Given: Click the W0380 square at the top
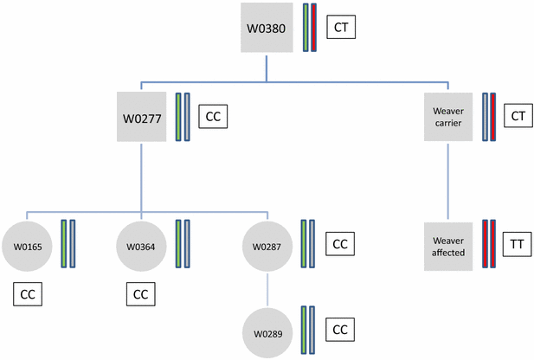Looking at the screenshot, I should click(267, 29).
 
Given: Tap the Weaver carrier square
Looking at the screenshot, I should click(447, 116).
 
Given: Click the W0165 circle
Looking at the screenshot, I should click(27, 245).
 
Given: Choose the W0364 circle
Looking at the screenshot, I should click(140, 245).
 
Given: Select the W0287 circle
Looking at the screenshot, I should click(267, 245).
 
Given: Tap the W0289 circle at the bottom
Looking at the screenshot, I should click(267, 331).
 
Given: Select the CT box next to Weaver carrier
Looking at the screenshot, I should click(517, 115).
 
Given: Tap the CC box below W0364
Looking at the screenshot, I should click(141, 294).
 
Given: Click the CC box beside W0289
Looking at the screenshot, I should click(340, 330).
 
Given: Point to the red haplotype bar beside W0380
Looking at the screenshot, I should click(314, 29).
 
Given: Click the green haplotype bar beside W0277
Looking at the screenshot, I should click(178, 116).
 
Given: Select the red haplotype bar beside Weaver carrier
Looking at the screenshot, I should click(492, 116).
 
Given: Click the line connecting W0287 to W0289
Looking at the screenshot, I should click(267, 288).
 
